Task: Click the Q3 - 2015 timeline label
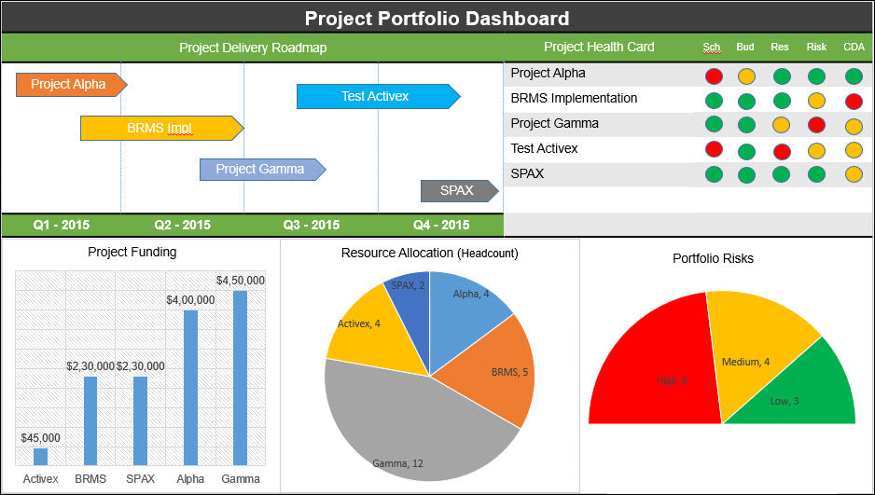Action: pos(312,225)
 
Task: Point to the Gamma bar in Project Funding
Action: pos(240,378)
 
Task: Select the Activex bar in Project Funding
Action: pos(40,457)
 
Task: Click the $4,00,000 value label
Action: pos(190,299)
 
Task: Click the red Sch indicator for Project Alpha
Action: pos(715,76)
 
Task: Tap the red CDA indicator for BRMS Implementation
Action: pos(853,101)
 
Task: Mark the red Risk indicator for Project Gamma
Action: pos(816,125)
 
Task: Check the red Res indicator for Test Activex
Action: pos(782,150)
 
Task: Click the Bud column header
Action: pos(745,47)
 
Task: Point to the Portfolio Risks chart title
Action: pos(713,258)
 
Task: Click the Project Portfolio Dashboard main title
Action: pos(437,18)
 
